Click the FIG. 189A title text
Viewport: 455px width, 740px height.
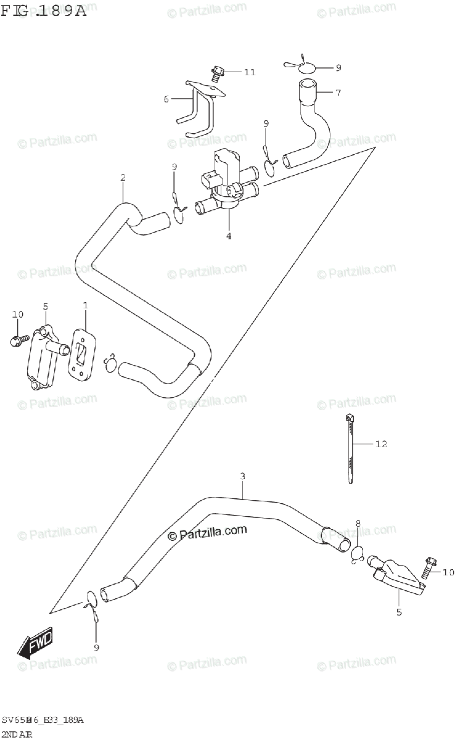click(44, 10)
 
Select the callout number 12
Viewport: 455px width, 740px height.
click(381, 444)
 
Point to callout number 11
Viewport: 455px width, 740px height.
click(249, 72)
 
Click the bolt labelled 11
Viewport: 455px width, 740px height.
click(217, 73)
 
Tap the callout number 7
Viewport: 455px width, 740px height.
click(338, 92)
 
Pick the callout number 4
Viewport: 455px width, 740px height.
click(228, 236)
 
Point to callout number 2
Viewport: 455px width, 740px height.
click(123, 178)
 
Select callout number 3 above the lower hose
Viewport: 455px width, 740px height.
click(242, 476)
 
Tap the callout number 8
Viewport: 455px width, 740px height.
click(358, 524)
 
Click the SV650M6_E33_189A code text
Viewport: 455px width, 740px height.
click(43, 720)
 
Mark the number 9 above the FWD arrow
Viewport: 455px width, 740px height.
click(96, 647)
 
